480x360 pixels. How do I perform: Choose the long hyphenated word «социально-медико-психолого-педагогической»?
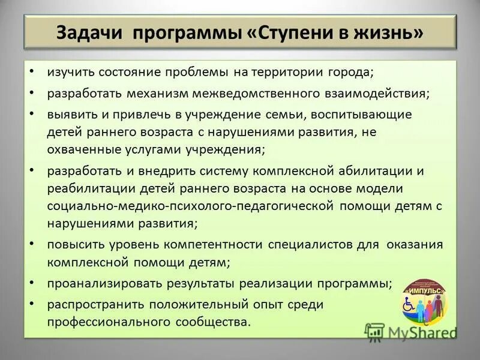pos(190,206)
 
